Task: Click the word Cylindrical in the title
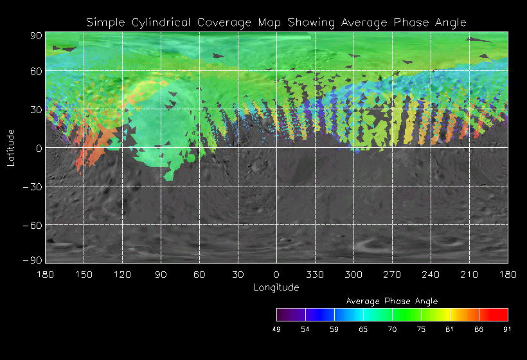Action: tap(152, 22)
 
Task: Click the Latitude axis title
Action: tap(11, 147)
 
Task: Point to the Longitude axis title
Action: tap(276, 287)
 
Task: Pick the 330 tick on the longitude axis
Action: tap(315, 274)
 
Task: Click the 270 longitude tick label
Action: tap(392, 274)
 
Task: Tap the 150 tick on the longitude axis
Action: tap(84, 274)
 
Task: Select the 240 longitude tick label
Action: tap(431, 274)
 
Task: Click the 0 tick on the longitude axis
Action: tap(276, 274)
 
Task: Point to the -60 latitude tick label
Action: tap(32, 225)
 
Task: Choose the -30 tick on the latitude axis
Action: tap(32, 186)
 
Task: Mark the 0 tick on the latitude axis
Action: tap(39, 148)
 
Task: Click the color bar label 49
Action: tap(277, 329)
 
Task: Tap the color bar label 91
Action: tap(508, 329)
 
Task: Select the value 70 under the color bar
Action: tap(392, 329)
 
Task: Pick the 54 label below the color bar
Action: tap(306, 329)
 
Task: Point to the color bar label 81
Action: tap(450, 329)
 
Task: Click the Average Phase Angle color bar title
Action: tap(392, 301)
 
